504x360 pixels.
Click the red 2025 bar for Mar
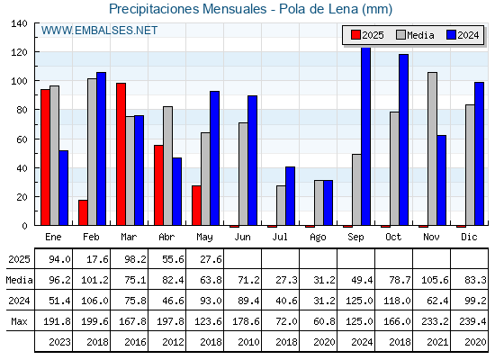[x=121, y=154]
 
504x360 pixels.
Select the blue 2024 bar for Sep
[x=366, y=136]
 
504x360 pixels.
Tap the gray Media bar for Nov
[x=432, y=148]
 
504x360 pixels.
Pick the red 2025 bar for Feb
[x=83, y=212]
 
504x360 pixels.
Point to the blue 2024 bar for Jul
[x=290, y=196]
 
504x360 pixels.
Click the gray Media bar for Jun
[x=243, y=174]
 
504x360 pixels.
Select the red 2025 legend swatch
[x=355, y=35]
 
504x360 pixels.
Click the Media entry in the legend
[x=415, y=35]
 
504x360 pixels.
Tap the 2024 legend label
[x=468, y=35]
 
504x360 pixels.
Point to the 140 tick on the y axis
[x=19, y=23]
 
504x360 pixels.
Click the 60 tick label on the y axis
[x=22, y=139]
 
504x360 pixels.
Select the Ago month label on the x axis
[x=318, y=238]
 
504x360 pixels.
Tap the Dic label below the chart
[x=469, y=237]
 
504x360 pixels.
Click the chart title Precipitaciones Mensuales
[x=188, y=9]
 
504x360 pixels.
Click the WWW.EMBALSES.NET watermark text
[x=99, y=31]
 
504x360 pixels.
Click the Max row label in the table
[x=19, y=321]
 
